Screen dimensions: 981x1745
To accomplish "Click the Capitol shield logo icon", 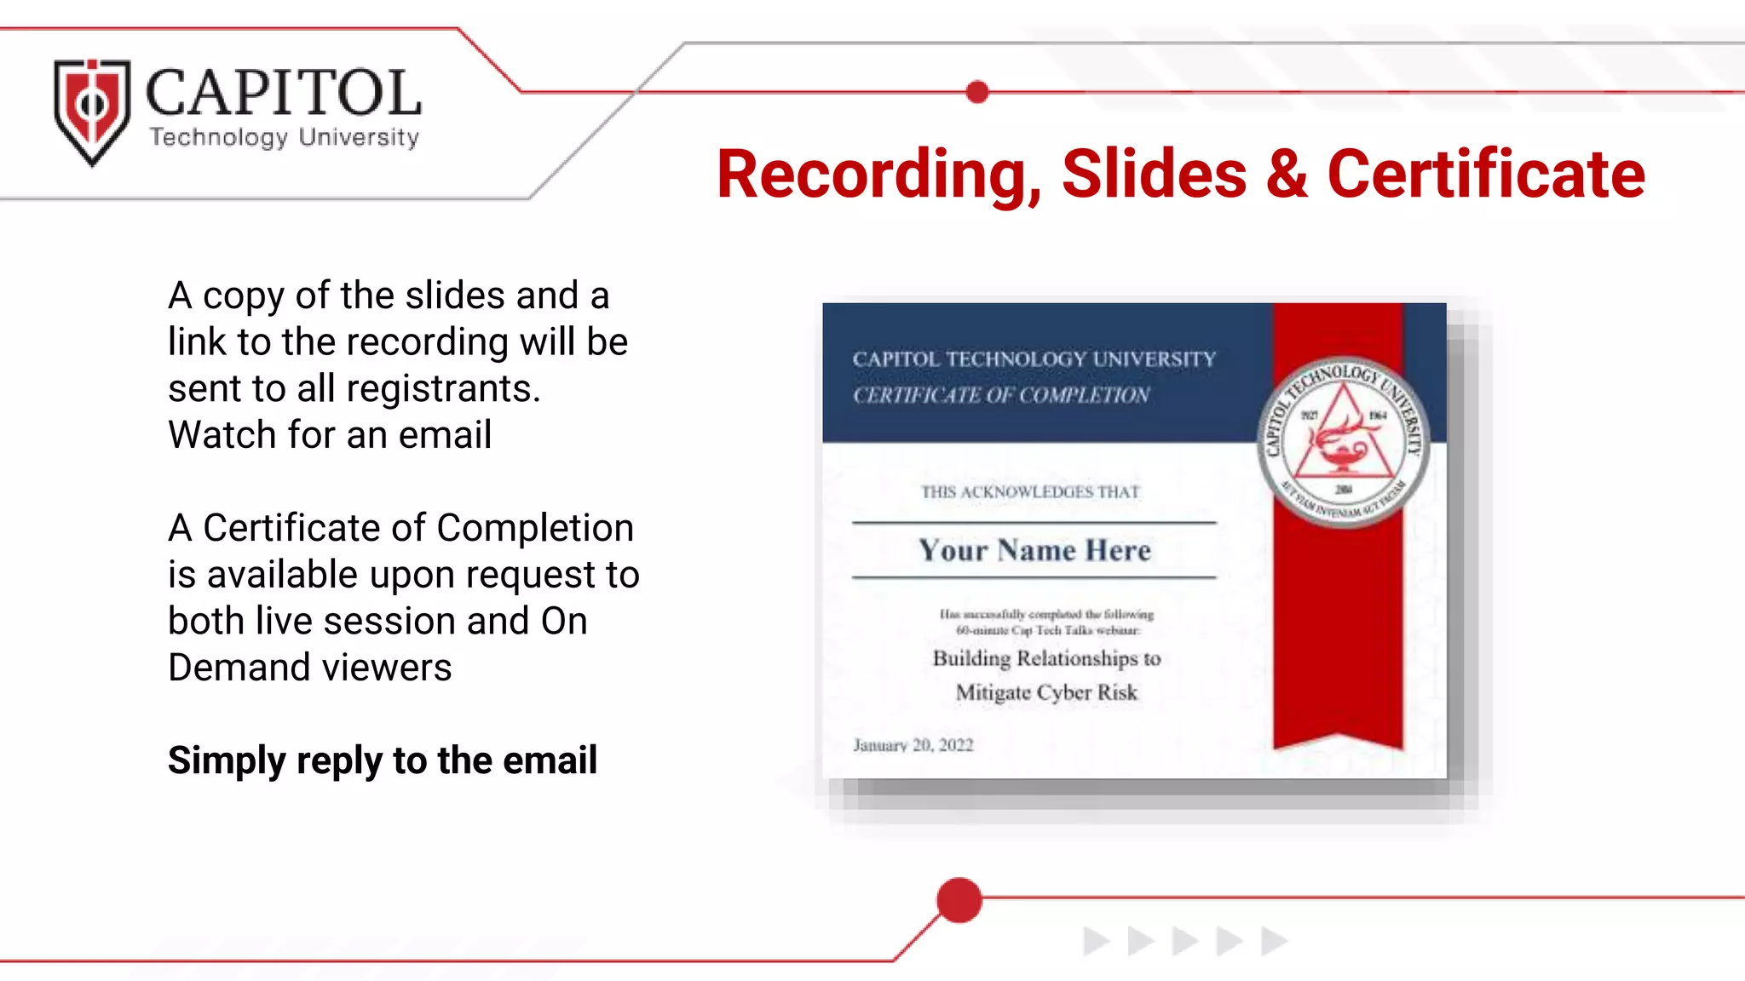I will [92, 111].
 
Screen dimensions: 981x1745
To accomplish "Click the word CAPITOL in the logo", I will [283, 93].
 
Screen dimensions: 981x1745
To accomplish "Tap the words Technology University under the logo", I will [285, 137].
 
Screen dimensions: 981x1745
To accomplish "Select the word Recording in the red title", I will [878, 175].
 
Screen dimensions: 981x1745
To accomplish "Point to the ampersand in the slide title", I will [1287, 175].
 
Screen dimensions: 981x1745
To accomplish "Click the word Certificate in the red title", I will [1486, 175].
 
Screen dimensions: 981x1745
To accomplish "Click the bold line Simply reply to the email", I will [383, 760].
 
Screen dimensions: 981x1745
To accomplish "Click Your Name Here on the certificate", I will [1034, 551].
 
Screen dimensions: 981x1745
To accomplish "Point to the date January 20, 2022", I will [913, 745].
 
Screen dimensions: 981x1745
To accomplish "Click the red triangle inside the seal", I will [1344, 434].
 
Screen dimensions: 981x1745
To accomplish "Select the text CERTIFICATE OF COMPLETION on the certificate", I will [1001, 395].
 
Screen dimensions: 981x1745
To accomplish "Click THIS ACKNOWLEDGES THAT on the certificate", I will [1030, 492].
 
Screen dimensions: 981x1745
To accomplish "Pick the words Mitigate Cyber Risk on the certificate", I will [1046, 692].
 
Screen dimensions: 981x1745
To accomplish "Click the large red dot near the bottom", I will [959, 900].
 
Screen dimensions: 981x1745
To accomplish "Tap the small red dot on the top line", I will [977, 92].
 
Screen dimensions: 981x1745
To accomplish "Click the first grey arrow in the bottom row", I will [1096, 941].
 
